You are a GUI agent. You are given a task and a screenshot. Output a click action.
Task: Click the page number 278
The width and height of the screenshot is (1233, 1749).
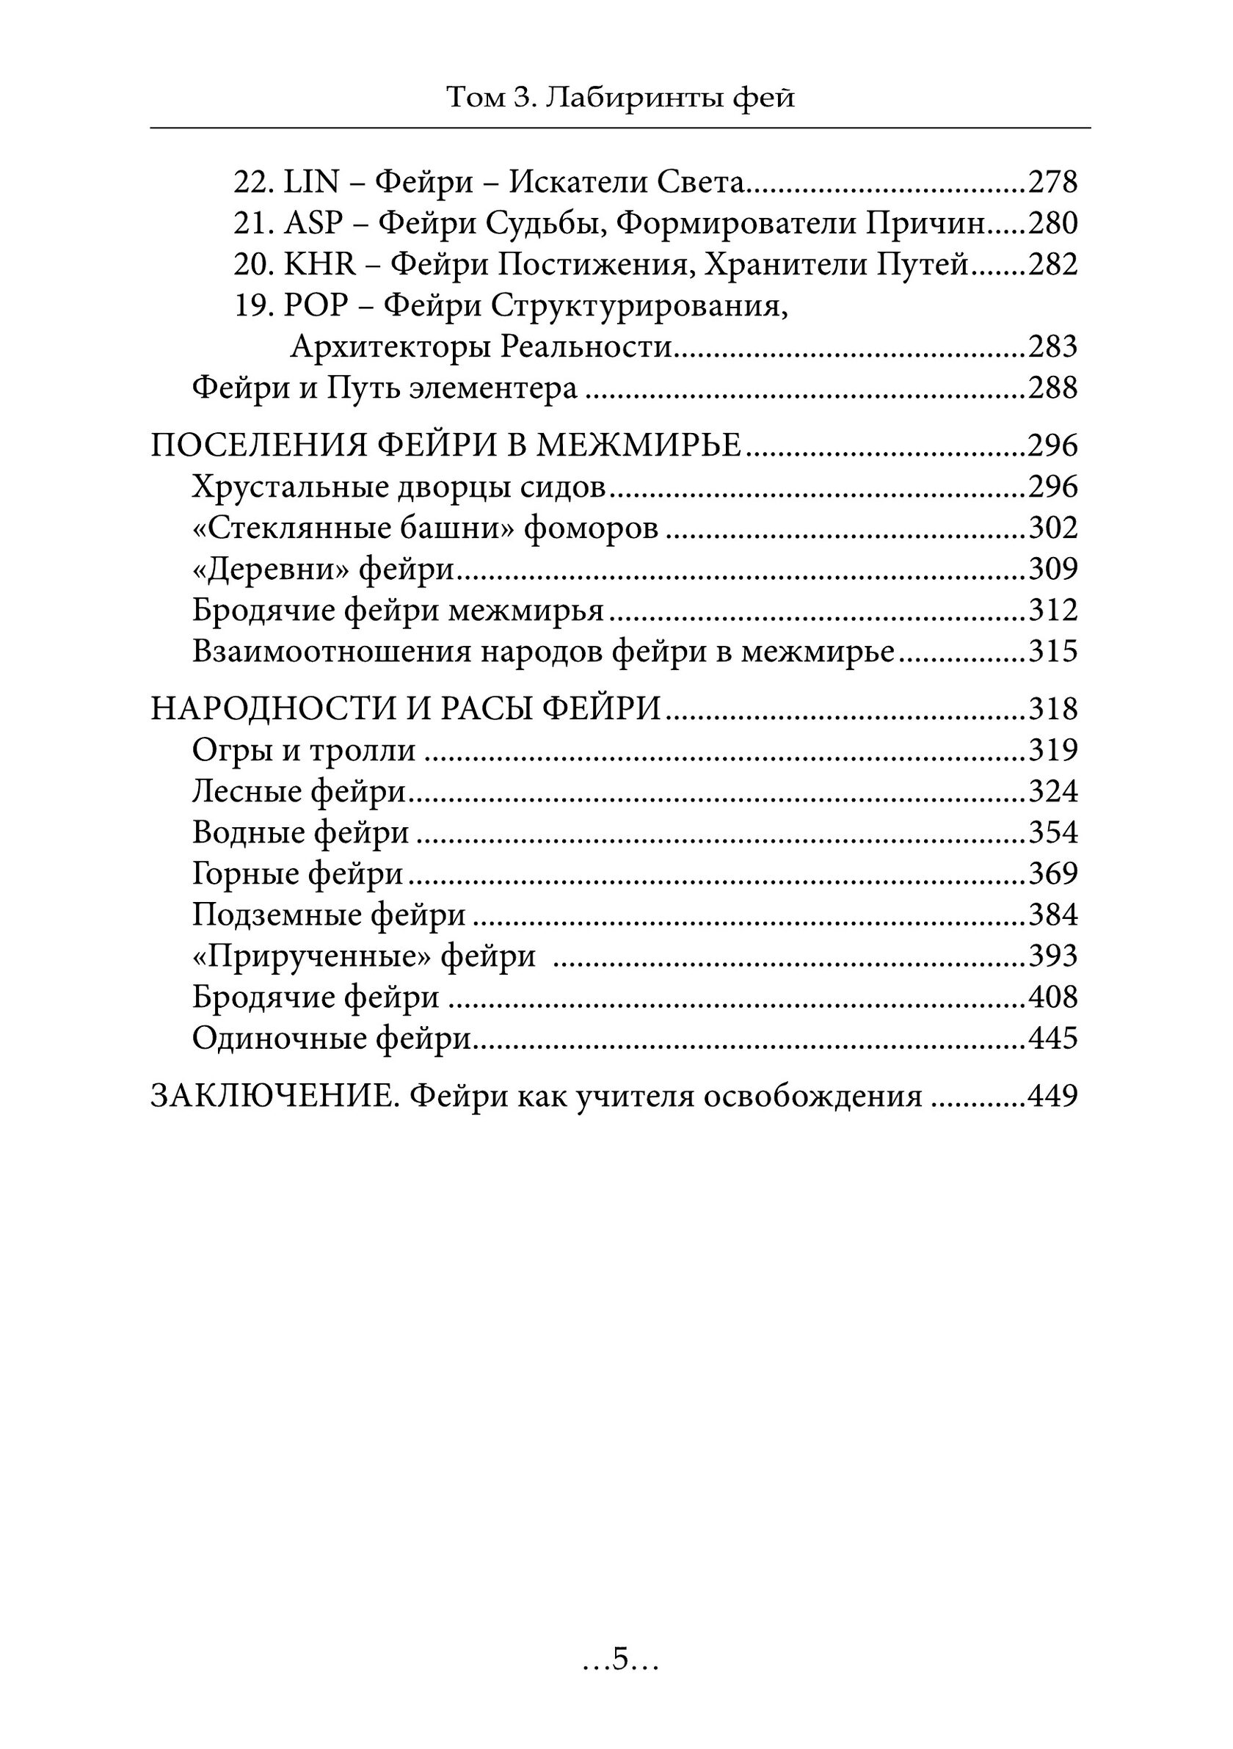1052,183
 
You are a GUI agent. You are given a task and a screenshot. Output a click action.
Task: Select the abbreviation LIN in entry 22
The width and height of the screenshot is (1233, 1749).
310,183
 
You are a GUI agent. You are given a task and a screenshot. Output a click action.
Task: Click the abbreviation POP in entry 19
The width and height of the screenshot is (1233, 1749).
316,306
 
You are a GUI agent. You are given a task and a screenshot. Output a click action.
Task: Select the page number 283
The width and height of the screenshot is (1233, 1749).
1052,347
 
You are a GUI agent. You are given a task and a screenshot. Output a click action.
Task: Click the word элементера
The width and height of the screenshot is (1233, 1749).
493,388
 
